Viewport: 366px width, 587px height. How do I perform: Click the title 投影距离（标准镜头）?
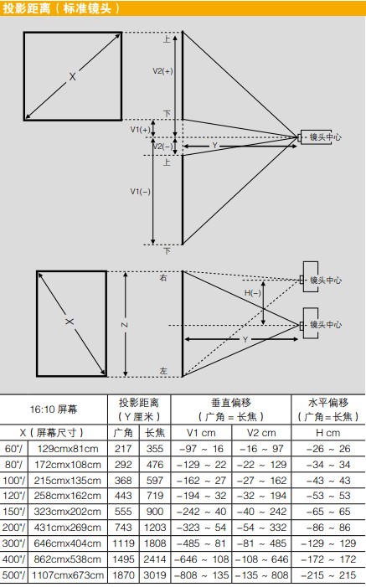point(61,8)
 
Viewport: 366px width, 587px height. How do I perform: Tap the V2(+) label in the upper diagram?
point(162,70)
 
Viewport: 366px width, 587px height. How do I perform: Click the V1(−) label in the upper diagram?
point(140,191)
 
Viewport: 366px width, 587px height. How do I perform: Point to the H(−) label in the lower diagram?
point(252,293)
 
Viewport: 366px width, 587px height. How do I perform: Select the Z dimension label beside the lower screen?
point(124,325)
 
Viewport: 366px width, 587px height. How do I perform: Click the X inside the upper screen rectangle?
point(72,77)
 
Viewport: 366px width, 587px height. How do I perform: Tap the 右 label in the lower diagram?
point(163,278)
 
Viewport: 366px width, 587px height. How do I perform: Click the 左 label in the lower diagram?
point(163,371)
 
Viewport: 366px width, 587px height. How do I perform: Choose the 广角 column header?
point(123,433)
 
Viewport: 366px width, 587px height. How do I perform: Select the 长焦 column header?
point(155,433)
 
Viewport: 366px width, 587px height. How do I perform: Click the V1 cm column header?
point(201,433)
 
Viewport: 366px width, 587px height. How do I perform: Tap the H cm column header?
point(328,433)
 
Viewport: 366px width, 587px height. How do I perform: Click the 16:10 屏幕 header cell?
point(54,409)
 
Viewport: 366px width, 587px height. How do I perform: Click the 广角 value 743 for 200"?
point(123,527)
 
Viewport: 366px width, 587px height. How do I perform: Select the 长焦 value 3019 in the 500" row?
point(155,575)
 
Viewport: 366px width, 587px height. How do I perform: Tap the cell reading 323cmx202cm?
point(68,512)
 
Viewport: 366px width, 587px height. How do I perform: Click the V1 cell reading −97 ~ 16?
point(201,449)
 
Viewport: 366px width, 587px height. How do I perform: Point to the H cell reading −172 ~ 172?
point(328,559)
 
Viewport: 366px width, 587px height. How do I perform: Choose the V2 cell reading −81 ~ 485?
point(261,543)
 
